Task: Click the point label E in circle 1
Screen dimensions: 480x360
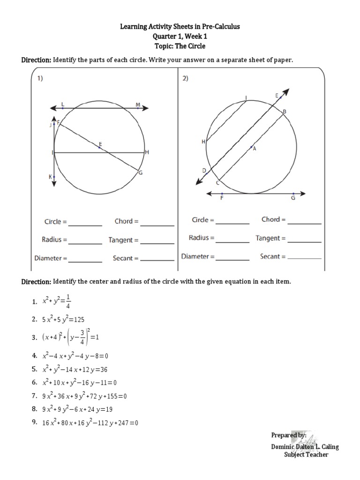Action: pyautogui.click(x=100, y=143)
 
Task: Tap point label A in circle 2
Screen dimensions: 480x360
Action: pyautogui.click(x=255, y=149)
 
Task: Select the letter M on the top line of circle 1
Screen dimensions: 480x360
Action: pyautogui.click(x=138, y=104)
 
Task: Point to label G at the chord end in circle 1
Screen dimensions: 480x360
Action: pyautogui.click(x=140, y=173)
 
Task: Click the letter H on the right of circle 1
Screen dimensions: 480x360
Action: pyautogui.click(x=147, y=152)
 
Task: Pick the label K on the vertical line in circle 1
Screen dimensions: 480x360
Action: pyautogui.click(x=51, y=177)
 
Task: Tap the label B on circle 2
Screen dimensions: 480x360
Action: pyautogui.click(x=284, y=112)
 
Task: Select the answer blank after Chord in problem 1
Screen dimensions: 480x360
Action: pyautogui.click(x=157, y=222)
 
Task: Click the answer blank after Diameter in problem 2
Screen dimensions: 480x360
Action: pyautogui.click(x=232, y=257)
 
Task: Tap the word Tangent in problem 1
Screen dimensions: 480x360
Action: pyautogui.click(x=121, y=240)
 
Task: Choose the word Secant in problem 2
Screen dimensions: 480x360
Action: pyautogui.click(x=270, y=256)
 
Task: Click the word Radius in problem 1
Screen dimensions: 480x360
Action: pyautogui.click(x=52, y=240)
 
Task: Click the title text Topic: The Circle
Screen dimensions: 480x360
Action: pyautogui.click(x=180, y=46)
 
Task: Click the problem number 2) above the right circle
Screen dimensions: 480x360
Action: pyautogui.click(x=186, y=79)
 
